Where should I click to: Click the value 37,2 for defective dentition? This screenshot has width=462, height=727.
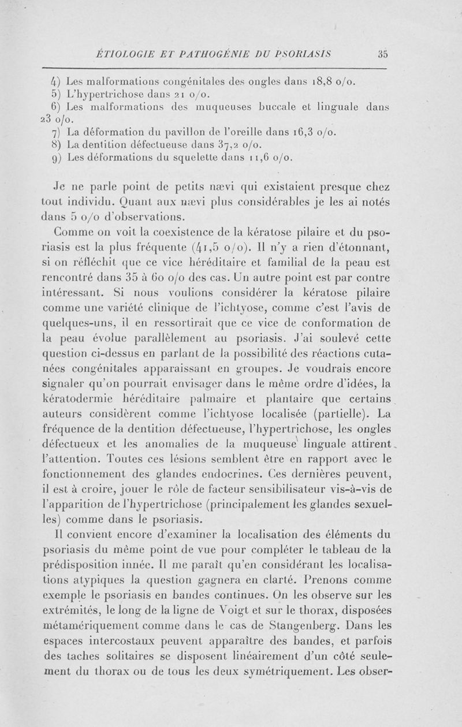(x=240, y=144)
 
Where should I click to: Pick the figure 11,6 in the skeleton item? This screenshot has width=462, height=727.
(x=254, y=157)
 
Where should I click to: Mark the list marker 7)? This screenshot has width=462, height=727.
(x=72, y=132)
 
